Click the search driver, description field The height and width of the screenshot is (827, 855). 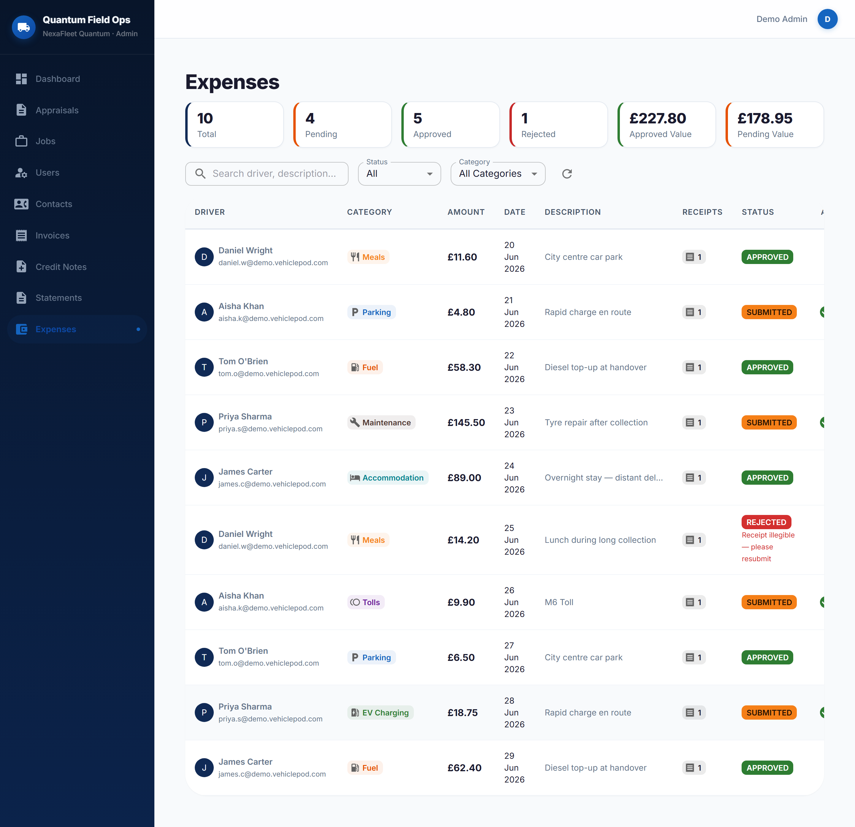point(267,174)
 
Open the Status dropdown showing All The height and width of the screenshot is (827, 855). point(399,174)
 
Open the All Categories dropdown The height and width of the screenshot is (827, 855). point(498,174)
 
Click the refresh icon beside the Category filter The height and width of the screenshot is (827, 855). point(567,174)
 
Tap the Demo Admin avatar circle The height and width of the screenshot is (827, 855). point(827,19)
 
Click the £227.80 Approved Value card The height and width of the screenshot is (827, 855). point(666,125)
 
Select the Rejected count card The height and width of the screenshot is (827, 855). point(558,125)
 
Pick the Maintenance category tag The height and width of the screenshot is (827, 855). point(381,422)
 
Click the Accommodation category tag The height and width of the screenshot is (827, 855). point(388,478)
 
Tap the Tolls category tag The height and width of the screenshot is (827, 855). point(365,602)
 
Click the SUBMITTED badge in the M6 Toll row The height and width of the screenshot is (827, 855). point(769,602)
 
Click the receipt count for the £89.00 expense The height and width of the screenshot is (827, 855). point(693,478)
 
